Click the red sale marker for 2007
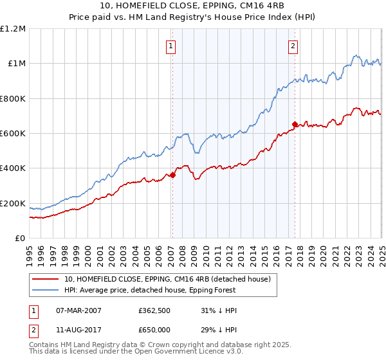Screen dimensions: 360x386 click(172, 175)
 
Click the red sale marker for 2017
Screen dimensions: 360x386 click(295, 125)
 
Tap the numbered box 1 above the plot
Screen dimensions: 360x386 click(171, 46)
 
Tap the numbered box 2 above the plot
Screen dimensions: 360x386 click(293, 46)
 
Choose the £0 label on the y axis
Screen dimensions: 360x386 click(21, 239)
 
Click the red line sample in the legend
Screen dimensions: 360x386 click(46, 278)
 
